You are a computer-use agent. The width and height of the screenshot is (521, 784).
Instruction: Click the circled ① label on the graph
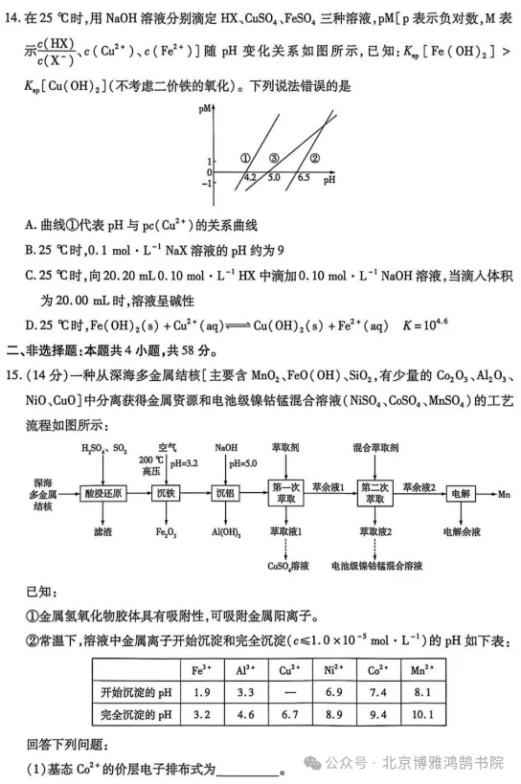click(x=245, y=158)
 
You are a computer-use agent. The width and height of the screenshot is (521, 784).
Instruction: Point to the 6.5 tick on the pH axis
click(x=303, y=178)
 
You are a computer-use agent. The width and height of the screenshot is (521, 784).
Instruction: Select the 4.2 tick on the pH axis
click(x=250, y=178)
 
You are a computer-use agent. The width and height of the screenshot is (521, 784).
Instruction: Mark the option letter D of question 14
click(x=32, y=325)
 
